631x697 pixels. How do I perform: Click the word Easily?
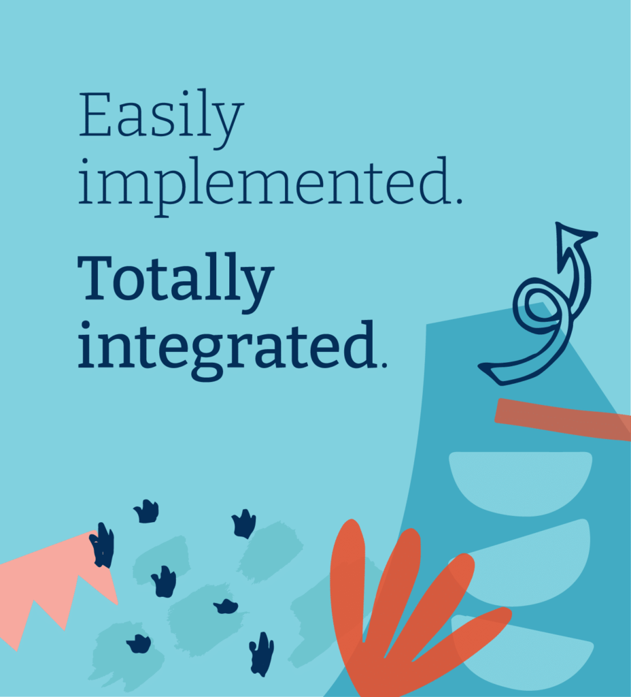tap(161, 118)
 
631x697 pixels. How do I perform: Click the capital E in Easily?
tap(95, 114)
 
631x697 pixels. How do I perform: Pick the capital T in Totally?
tap(95, 278)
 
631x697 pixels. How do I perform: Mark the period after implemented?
tap(459, 201)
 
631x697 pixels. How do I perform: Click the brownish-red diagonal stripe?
tap(563, 419)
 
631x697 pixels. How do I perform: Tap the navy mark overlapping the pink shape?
tap(103, 545)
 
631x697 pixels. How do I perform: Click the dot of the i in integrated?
tap(86, 325)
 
